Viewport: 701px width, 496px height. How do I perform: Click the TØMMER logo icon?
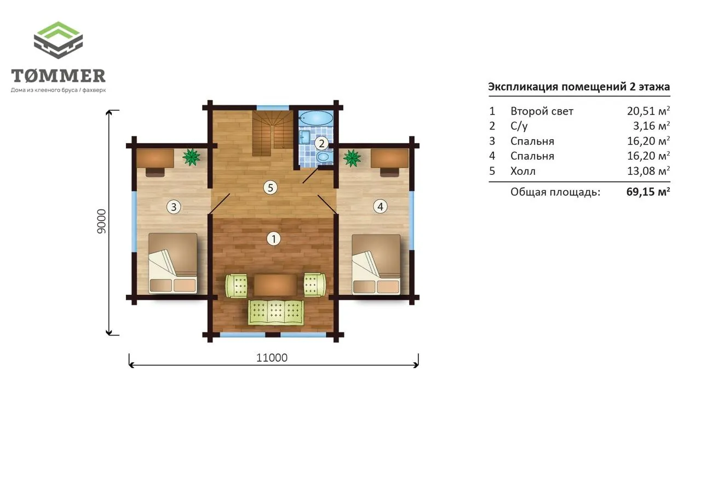pos(58,40)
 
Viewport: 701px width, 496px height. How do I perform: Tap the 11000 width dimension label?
pos(272,357)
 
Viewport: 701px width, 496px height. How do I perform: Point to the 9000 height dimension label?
pos(101,221)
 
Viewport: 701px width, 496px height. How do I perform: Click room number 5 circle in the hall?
pos(271,188)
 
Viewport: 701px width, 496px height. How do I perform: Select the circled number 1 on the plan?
pos(273,239)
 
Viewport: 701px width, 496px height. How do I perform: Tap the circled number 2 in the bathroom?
pos(321,144)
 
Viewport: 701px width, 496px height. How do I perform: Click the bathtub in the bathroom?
pos(315,118)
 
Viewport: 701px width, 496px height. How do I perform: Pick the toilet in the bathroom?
pos(324,157)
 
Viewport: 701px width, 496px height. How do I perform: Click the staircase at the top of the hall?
pos(272,133)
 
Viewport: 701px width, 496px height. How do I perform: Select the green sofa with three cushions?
pos(275,312)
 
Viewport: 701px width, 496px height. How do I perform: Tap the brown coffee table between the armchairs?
pos(275,285)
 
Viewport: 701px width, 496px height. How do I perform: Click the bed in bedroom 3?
pos(173,263)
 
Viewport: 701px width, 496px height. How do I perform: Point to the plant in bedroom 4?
pos(352,158)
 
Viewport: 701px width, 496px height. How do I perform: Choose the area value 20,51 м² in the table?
pos(648,111)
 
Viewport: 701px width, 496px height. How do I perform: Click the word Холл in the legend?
pos(523,171)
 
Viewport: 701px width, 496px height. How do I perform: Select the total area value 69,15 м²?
pos(648,192)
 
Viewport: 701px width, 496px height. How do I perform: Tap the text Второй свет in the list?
pos(542,111)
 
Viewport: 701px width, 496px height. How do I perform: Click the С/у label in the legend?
pos(519,126)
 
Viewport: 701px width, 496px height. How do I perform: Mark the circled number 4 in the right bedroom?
pos(380,207)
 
